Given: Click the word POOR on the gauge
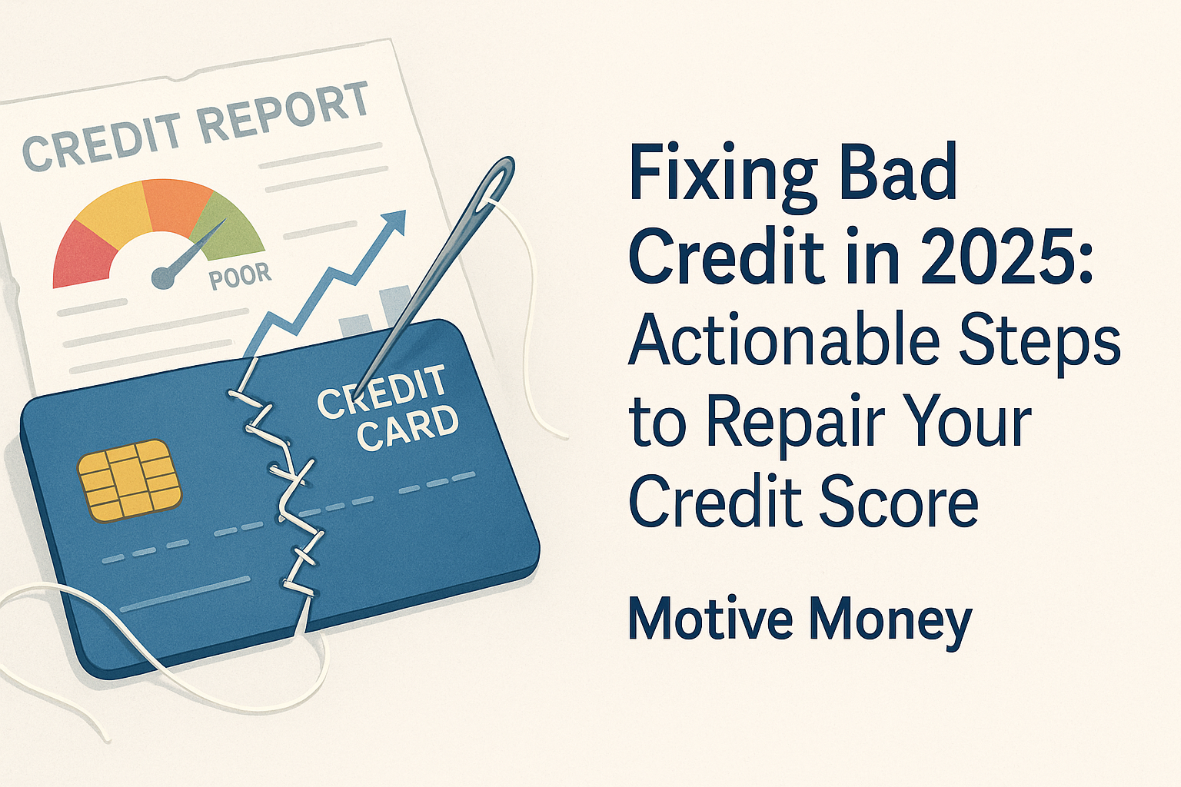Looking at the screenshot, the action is point(241,276).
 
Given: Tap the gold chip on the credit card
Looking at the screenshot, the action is point(130,480).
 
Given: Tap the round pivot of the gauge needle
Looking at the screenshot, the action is point(163,277).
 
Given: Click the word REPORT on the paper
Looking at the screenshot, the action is point(284,113).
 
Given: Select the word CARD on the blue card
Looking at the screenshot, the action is point(408,427).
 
